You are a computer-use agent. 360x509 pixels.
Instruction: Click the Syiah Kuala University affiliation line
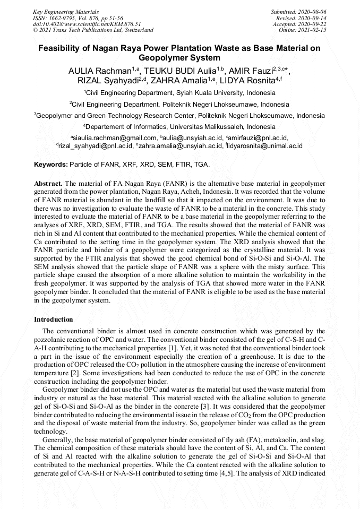[x=179, y=93]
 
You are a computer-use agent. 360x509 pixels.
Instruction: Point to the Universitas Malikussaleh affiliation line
[x=179, y=127]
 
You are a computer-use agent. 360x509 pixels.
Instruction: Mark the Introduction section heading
[x=54, y=320]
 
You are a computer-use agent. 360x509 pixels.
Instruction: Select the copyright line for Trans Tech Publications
[x=92, y=30]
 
